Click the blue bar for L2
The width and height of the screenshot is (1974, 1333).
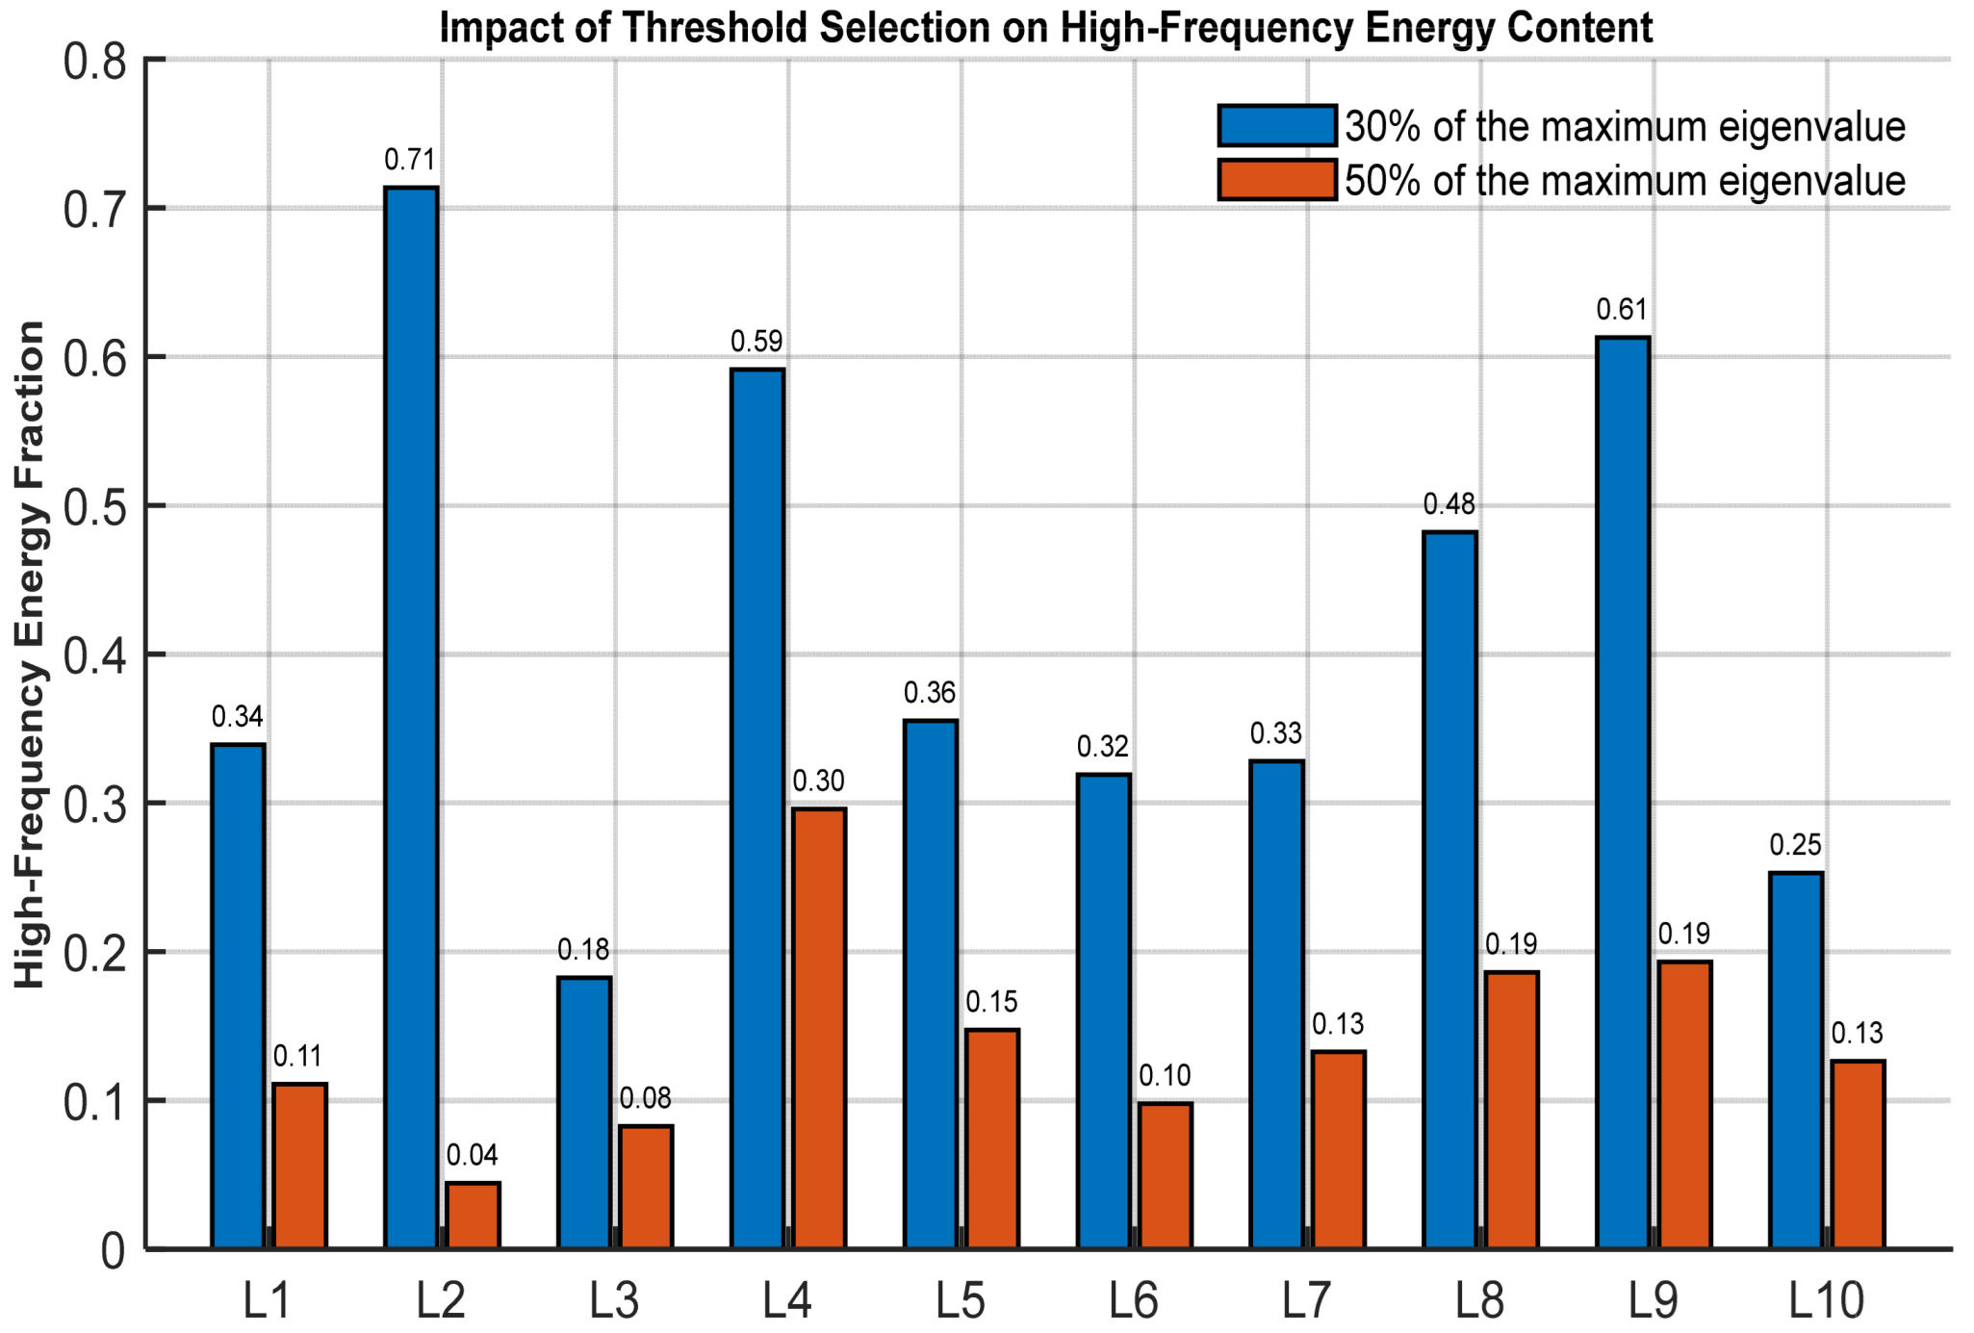tap(411, 718)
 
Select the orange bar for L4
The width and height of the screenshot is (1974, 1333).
tap(819, 1028)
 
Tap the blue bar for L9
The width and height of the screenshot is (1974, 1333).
tap(1623, 793)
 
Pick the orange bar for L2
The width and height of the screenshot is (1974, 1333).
tap(473, 1216)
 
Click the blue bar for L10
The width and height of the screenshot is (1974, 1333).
tap(1796, 1061)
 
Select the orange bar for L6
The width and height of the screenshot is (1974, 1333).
tap(1166, 1175)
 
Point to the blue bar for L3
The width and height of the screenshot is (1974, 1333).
tap(584, 1113)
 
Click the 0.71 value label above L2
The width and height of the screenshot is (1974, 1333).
tap(410, 159)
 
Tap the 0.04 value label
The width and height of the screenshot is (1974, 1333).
tap(473, 1155)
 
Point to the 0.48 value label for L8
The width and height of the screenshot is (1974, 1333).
tap(1449, 503)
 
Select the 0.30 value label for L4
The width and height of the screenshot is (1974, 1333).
tap(819, 781)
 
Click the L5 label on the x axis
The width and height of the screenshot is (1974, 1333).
tap(961, 1300)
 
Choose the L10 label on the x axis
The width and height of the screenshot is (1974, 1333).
tap(1827, 1300)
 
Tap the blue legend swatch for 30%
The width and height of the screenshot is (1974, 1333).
tap(1277, 125)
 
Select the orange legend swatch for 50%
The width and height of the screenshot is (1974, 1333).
tap(1277, 179)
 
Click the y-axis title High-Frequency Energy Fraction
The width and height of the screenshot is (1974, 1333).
tap(30, 654)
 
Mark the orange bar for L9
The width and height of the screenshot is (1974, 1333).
tap(1684, 1105)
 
